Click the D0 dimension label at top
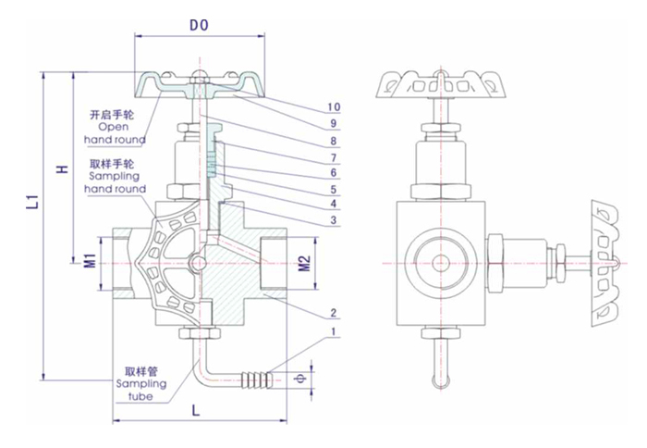198,26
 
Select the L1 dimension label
28,202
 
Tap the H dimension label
61,169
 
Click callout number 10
335,107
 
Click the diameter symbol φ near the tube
299,378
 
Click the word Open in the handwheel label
114,127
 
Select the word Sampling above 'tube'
140,382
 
